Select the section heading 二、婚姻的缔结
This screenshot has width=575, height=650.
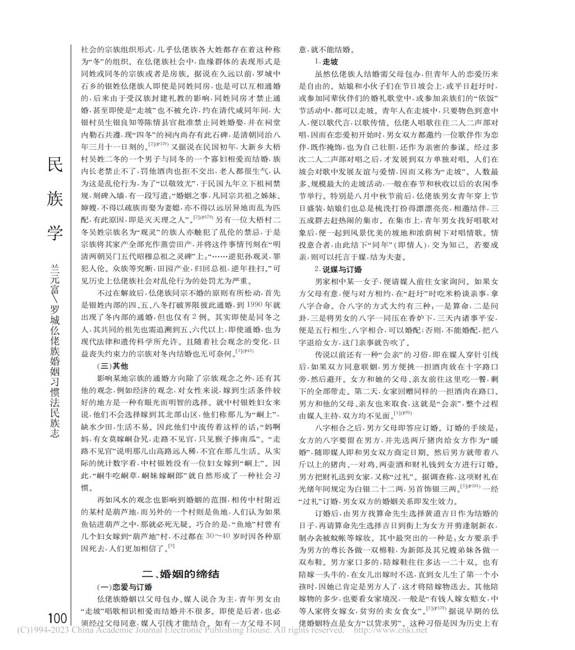pyautogui.click(x=180, y=574)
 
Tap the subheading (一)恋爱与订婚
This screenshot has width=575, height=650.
pyautogui.click(x=121, y=587)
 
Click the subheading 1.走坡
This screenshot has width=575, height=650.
pyautogui.click(x=326, y=62)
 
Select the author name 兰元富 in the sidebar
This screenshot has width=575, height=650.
pyautogui.click(x=56, y=280)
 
